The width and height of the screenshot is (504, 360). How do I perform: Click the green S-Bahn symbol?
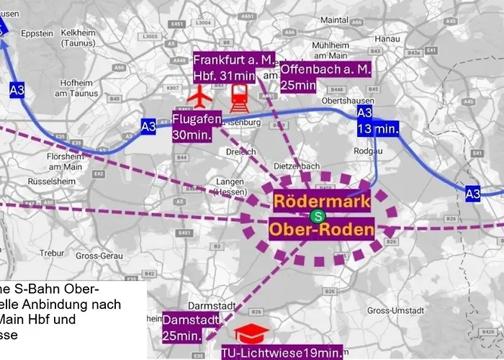[315, 216]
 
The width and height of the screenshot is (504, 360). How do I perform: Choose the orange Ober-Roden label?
[322, 230]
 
